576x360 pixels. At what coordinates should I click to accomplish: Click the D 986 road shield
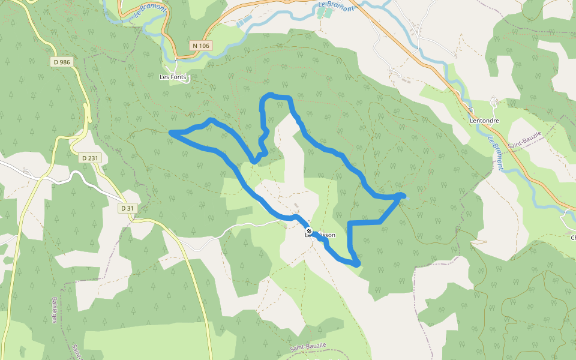pos(62,62)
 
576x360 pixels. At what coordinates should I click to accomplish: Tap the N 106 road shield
pos(201,46)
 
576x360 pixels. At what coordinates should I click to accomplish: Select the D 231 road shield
pos(89,158)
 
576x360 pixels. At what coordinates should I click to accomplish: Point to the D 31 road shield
pos(127,208)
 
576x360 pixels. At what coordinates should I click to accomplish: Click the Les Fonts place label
pos(173,77)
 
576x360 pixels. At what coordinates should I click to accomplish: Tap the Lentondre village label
pos(485,120)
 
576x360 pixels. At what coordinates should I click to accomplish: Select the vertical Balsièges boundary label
pos(53,310)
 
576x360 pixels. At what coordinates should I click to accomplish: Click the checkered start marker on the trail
pos(309,231)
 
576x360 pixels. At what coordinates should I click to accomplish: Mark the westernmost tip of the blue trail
pos(172,132)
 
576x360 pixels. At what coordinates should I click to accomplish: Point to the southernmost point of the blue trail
pos(357,264)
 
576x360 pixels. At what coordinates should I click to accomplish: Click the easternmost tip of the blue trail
pos(403,196)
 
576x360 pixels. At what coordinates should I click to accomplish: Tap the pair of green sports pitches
pos(325,13)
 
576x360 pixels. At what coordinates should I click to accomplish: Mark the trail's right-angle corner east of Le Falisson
pos(350,223)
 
